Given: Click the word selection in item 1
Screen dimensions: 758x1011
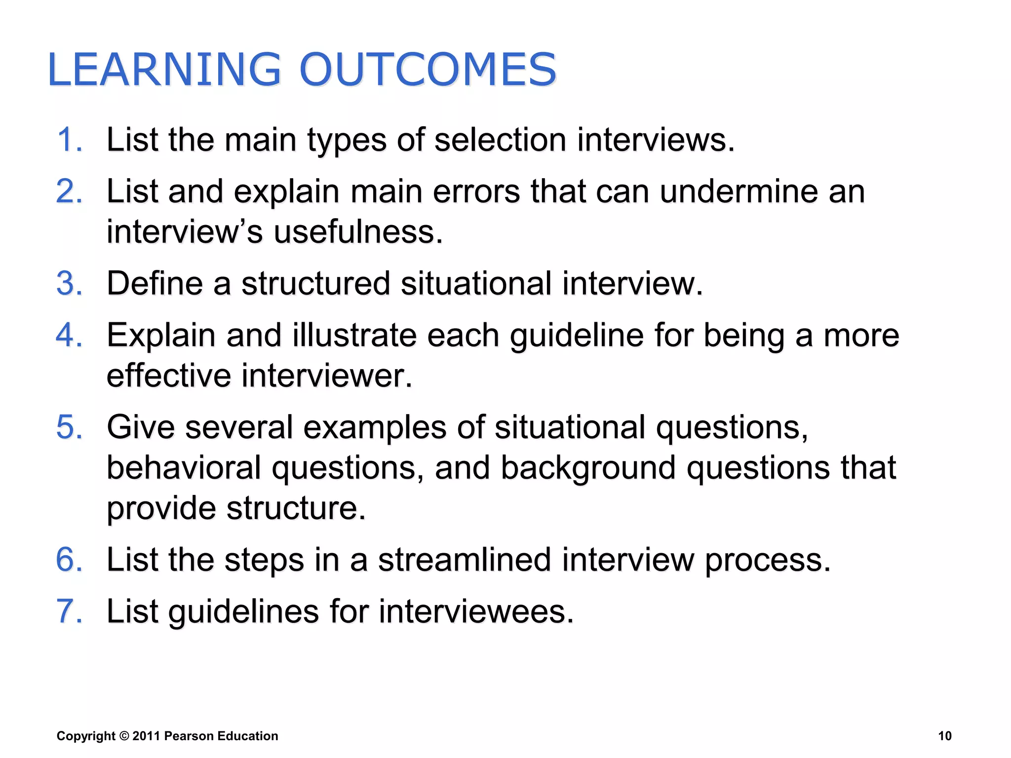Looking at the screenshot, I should click(x=500, y=140).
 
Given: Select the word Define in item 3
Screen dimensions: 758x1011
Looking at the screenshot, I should click(x=155, y=284).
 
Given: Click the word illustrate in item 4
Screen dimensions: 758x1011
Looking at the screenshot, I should click(x=354, y=335).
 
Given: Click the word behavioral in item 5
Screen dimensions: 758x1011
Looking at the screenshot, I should click(x=184, y=468).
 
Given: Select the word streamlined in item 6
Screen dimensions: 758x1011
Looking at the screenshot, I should click(x=464, y=560).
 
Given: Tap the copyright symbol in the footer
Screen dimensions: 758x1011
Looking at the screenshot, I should click(x=124, y=736).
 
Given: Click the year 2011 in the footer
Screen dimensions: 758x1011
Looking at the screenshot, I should click(x=146, y=736).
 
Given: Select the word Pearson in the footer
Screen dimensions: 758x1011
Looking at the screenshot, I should click(x=189, y=736).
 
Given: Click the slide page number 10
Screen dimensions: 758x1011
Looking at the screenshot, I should click(x=944, y=736).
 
